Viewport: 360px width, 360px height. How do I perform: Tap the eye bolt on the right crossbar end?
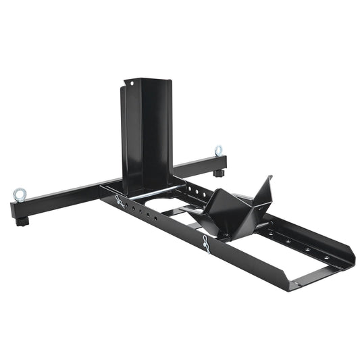(219, 151)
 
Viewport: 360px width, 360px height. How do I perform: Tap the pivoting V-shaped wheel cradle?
(230, 206)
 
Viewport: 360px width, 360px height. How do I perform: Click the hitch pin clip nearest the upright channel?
(120, 201)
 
